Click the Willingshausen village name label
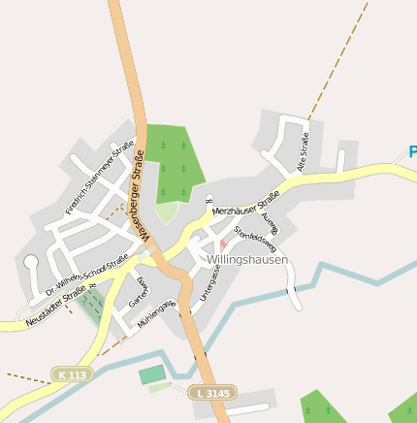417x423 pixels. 247,260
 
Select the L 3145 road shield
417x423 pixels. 210,393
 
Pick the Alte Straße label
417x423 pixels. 303,152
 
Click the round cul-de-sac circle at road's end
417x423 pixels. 30,262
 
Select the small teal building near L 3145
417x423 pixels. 152,374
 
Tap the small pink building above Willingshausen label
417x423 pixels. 224,244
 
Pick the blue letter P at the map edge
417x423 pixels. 411,152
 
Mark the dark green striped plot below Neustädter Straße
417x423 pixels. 91,306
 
